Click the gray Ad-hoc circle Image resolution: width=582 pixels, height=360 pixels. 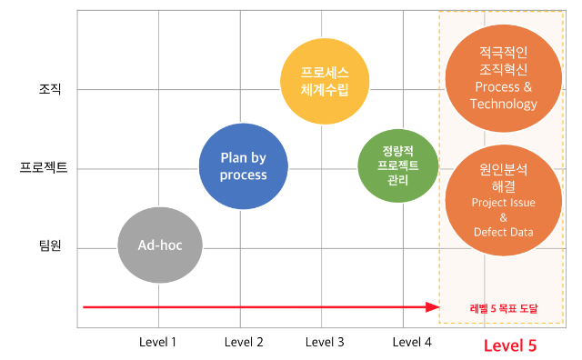point(160,245)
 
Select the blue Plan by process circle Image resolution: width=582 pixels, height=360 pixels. point(243,165)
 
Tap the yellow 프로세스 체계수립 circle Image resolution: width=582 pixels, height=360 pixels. point(324,81)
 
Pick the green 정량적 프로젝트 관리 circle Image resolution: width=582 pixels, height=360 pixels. point(397,165)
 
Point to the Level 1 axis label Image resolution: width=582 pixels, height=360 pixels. point(157,342)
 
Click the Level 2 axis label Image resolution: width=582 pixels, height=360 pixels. point(243,342)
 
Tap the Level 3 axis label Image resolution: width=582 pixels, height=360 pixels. point(325,342)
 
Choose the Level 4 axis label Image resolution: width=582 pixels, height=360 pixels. point(412,342)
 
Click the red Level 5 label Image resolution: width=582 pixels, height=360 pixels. point(509,345)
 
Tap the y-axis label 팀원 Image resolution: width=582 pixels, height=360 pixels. point(49,246)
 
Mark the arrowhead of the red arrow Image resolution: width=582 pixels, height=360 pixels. point(434,307)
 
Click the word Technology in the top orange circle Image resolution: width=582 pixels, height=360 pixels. point(503,104)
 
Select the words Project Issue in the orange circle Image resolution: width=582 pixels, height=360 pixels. point(503,202)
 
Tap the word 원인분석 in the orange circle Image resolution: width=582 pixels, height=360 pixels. point(503,169)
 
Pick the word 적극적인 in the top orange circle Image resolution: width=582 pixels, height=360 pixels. point(503,51)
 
